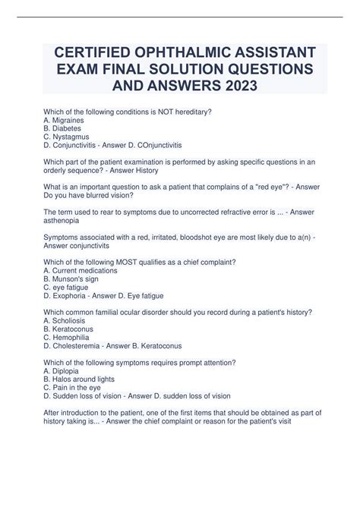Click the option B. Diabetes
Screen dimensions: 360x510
[x=65, y=129]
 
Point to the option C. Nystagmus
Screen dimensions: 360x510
[x=68, y=137]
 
